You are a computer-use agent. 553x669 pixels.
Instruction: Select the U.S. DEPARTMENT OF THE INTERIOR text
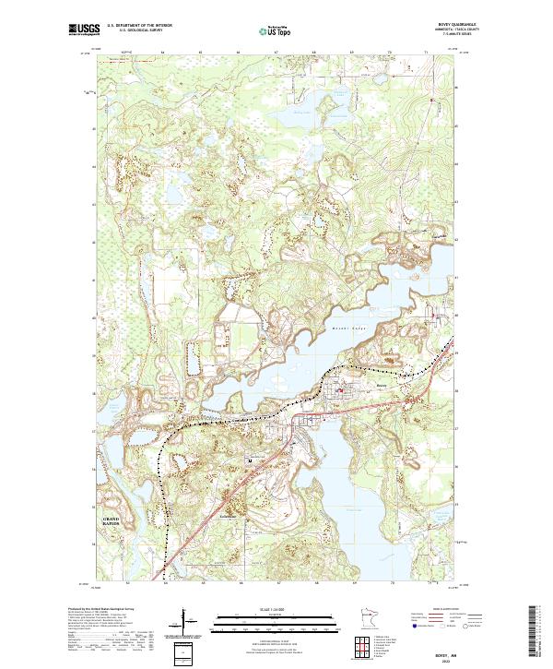pyautogui.click(x=139, y=26)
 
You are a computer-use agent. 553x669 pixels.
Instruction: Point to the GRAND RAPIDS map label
pyautogui.click(x=110, y=522)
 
